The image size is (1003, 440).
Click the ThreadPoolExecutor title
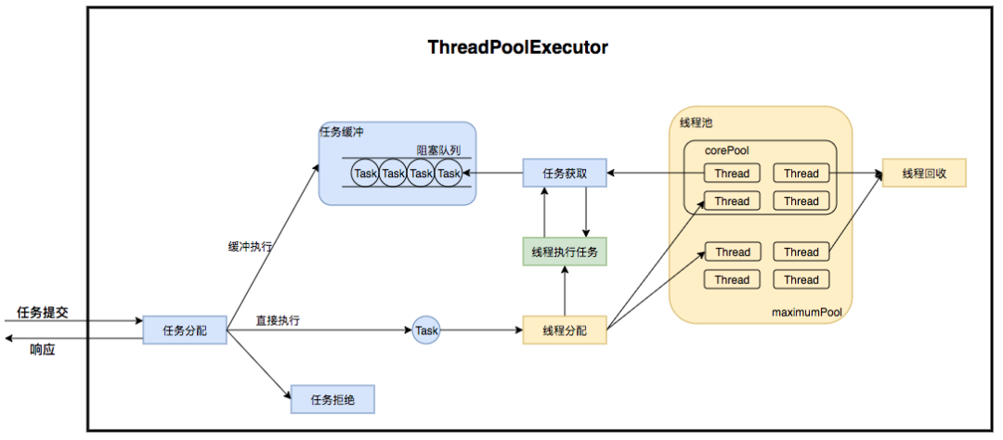(517, 47)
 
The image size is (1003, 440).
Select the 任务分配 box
(185, 330)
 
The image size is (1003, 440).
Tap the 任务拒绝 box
(332, 399)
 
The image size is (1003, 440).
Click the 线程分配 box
(564, 330)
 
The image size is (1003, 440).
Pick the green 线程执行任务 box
(564, 252)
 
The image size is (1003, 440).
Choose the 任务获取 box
(564, 173)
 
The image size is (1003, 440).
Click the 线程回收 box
(924, 173)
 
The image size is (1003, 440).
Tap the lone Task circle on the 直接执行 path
(426, 330)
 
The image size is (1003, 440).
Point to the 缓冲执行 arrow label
(250, 247)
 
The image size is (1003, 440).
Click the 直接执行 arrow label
(278, 320)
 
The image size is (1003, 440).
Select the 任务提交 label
(43, 312)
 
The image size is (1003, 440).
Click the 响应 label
(43, 349)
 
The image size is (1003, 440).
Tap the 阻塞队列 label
(438, 150)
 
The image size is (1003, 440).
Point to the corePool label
(726, 150)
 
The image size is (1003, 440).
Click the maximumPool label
(806, 313)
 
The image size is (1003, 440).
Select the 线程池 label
(696, 123)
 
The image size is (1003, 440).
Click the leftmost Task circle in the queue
(366, 174)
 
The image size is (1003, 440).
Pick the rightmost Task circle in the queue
(449, 174)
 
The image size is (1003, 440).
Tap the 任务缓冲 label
(342, 132)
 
